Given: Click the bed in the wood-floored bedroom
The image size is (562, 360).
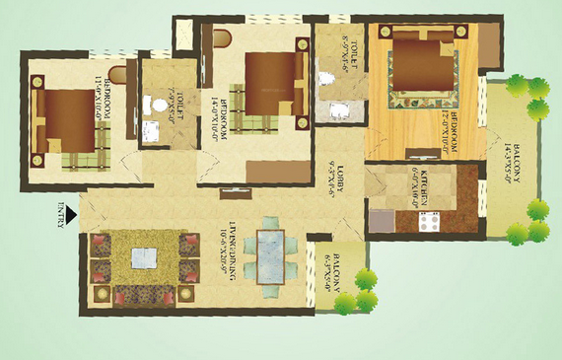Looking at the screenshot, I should pos(423,66).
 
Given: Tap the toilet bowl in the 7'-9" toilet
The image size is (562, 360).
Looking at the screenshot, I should pos(150,102).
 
